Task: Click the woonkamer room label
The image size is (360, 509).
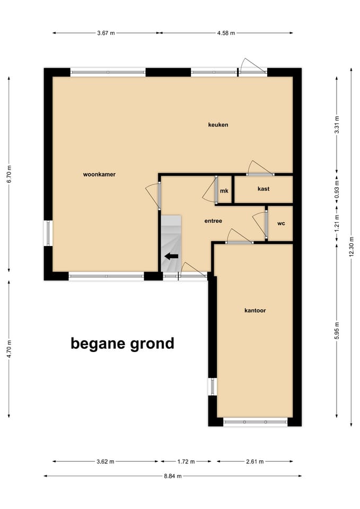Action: point(99,174)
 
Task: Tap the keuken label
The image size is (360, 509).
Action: point(218,125)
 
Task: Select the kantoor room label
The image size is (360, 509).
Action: point(255,310)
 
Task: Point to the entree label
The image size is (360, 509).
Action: point(213,221)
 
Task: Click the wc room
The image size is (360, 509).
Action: point(281,223)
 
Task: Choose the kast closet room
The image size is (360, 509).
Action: point(264,189)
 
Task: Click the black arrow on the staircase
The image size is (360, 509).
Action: point(171,256)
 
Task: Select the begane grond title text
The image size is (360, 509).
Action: point(122,344)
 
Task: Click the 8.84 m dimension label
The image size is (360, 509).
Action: point(173,476)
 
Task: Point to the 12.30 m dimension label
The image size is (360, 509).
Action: point(351,246)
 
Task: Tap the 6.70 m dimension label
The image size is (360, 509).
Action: point(8,173)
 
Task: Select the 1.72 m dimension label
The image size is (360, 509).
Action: point(186,461)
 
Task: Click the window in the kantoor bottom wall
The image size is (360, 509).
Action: point(255,422)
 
